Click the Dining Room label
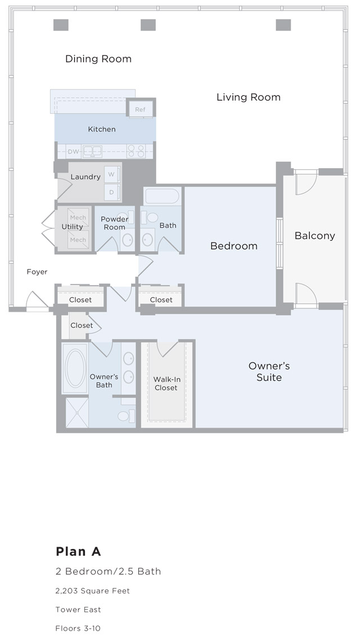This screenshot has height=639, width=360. pyautogui.click(x=98, y=59)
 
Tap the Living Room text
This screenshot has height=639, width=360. pyautogui.click(x=248, y=97)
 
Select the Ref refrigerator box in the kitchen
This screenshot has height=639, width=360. pyautogui.click(x=141, y=109)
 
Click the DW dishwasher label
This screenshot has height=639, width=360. pyautogui.click(x=73, y=151)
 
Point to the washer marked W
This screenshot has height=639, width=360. pyautogui.click(x=111, y=174)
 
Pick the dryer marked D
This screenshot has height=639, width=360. pyautogui.click(x=111, y=192)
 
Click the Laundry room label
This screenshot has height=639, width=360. pyautogui.click(x=85, y=177)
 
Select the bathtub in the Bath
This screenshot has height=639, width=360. pyautogui.click(x=162, y=196)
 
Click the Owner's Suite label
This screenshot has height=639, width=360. pyautogui.click(x=269, y=372)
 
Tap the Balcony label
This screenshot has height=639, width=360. pyautogui.click(x=314, y=236)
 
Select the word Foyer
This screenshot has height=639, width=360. pyautogui.click(x=37, y=272)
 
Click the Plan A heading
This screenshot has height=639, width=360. pyautogui.click(x=78, y=551)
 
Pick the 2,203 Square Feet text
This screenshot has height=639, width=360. pyautogui.click(x=93, y=591)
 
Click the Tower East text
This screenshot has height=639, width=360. pyautogui.click(x=78, y=610)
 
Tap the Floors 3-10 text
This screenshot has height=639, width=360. pyautogui.click(x=78, y=628)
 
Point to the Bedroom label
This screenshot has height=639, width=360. pyautogui.click(x=233, y=246)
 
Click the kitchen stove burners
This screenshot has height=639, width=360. pyautogui.click(x=136, y=151)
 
